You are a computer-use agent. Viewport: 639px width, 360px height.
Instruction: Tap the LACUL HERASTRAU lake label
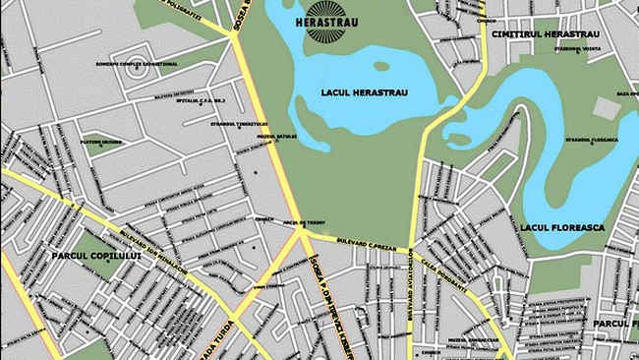pyautogui.click(x=365, y=93)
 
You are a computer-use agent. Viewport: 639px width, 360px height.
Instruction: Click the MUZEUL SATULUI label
pyautogui.click(x=253, y=136)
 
